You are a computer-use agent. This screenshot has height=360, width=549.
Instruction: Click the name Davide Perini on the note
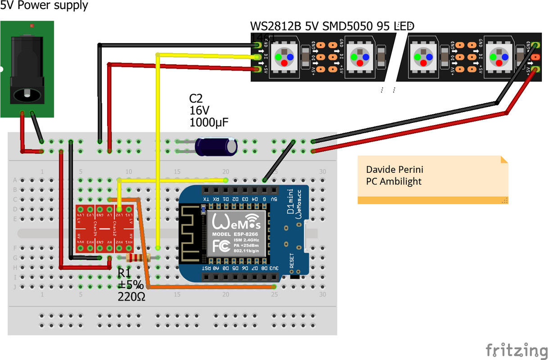[x=395, y=170]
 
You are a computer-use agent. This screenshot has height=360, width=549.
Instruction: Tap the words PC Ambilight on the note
[x=394, y=181]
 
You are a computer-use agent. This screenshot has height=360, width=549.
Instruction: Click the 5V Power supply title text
[x=44, y=6]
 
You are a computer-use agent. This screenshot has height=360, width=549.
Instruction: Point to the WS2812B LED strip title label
[x=331, y=27]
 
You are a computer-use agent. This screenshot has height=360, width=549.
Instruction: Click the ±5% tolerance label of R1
[x=131, y=285]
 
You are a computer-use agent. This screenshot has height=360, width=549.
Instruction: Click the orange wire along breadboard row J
[x=212, y=287]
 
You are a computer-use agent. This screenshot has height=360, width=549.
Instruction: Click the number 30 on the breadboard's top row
[x=322, y=171]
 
